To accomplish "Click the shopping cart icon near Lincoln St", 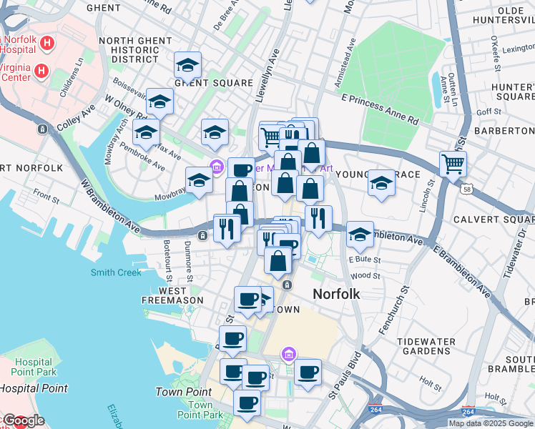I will pyautogui.click(x=453, y=164).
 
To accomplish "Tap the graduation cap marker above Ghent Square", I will pyautogui.click(x=187, y=66).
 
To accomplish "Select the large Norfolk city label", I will pyautogui.click(x=336, y=294).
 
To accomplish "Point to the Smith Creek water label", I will pyautogui.click(x=116, y=272).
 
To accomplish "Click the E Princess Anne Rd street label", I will pyautogui.click(x=379, y=109).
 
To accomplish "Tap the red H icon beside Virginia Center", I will pyautogui.click(x=41, y=71).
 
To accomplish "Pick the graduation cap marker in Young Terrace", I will pyautogui.click(x=382, y=184).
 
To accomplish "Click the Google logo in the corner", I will pyautogui.click(x=23, y=420).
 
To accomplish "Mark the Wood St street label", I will pyautogui.click(x=365, y=275).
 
